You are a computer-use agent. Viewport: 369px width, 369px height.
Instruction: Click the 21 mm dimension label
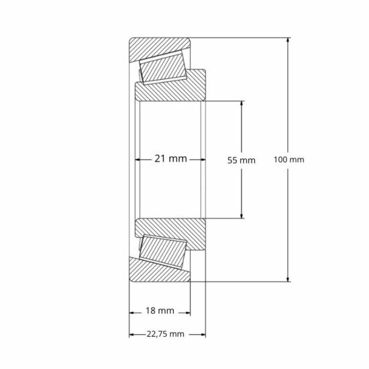point(170,159)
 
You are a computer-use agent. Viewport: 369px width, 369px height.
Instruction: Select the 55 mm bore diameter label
point(242,160)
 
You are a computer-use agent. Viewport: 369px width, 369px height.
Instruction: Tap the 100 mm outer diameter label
point(290,160)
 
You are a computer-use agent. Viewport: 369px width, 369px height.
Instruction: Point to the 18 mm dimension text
point(160,311)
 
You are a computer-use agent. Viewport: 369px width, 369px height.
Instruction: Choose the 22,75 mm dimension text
point(165,333)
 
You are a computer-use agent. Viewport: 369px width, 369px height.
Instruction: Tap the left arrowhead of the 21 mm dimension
point(140,160)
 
